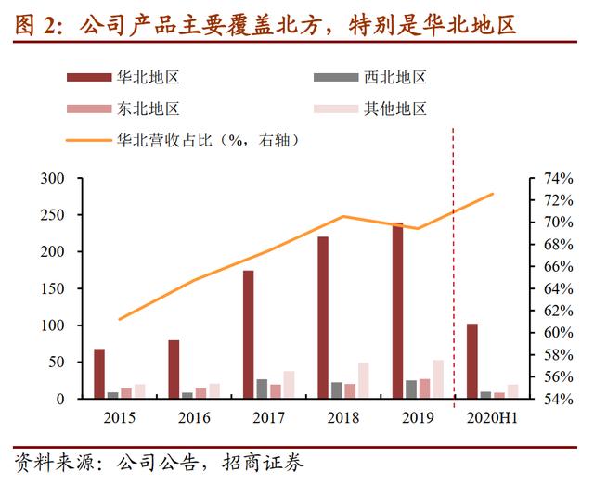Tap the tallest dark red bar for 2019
tap(397, 311)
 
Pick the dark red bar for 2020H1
tap(471, 362)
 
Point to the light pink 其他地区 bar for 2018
tap(364, 381)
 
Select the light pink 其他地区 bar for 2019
tap(438, 379)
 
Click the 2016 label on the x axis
tap(192, 418)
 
